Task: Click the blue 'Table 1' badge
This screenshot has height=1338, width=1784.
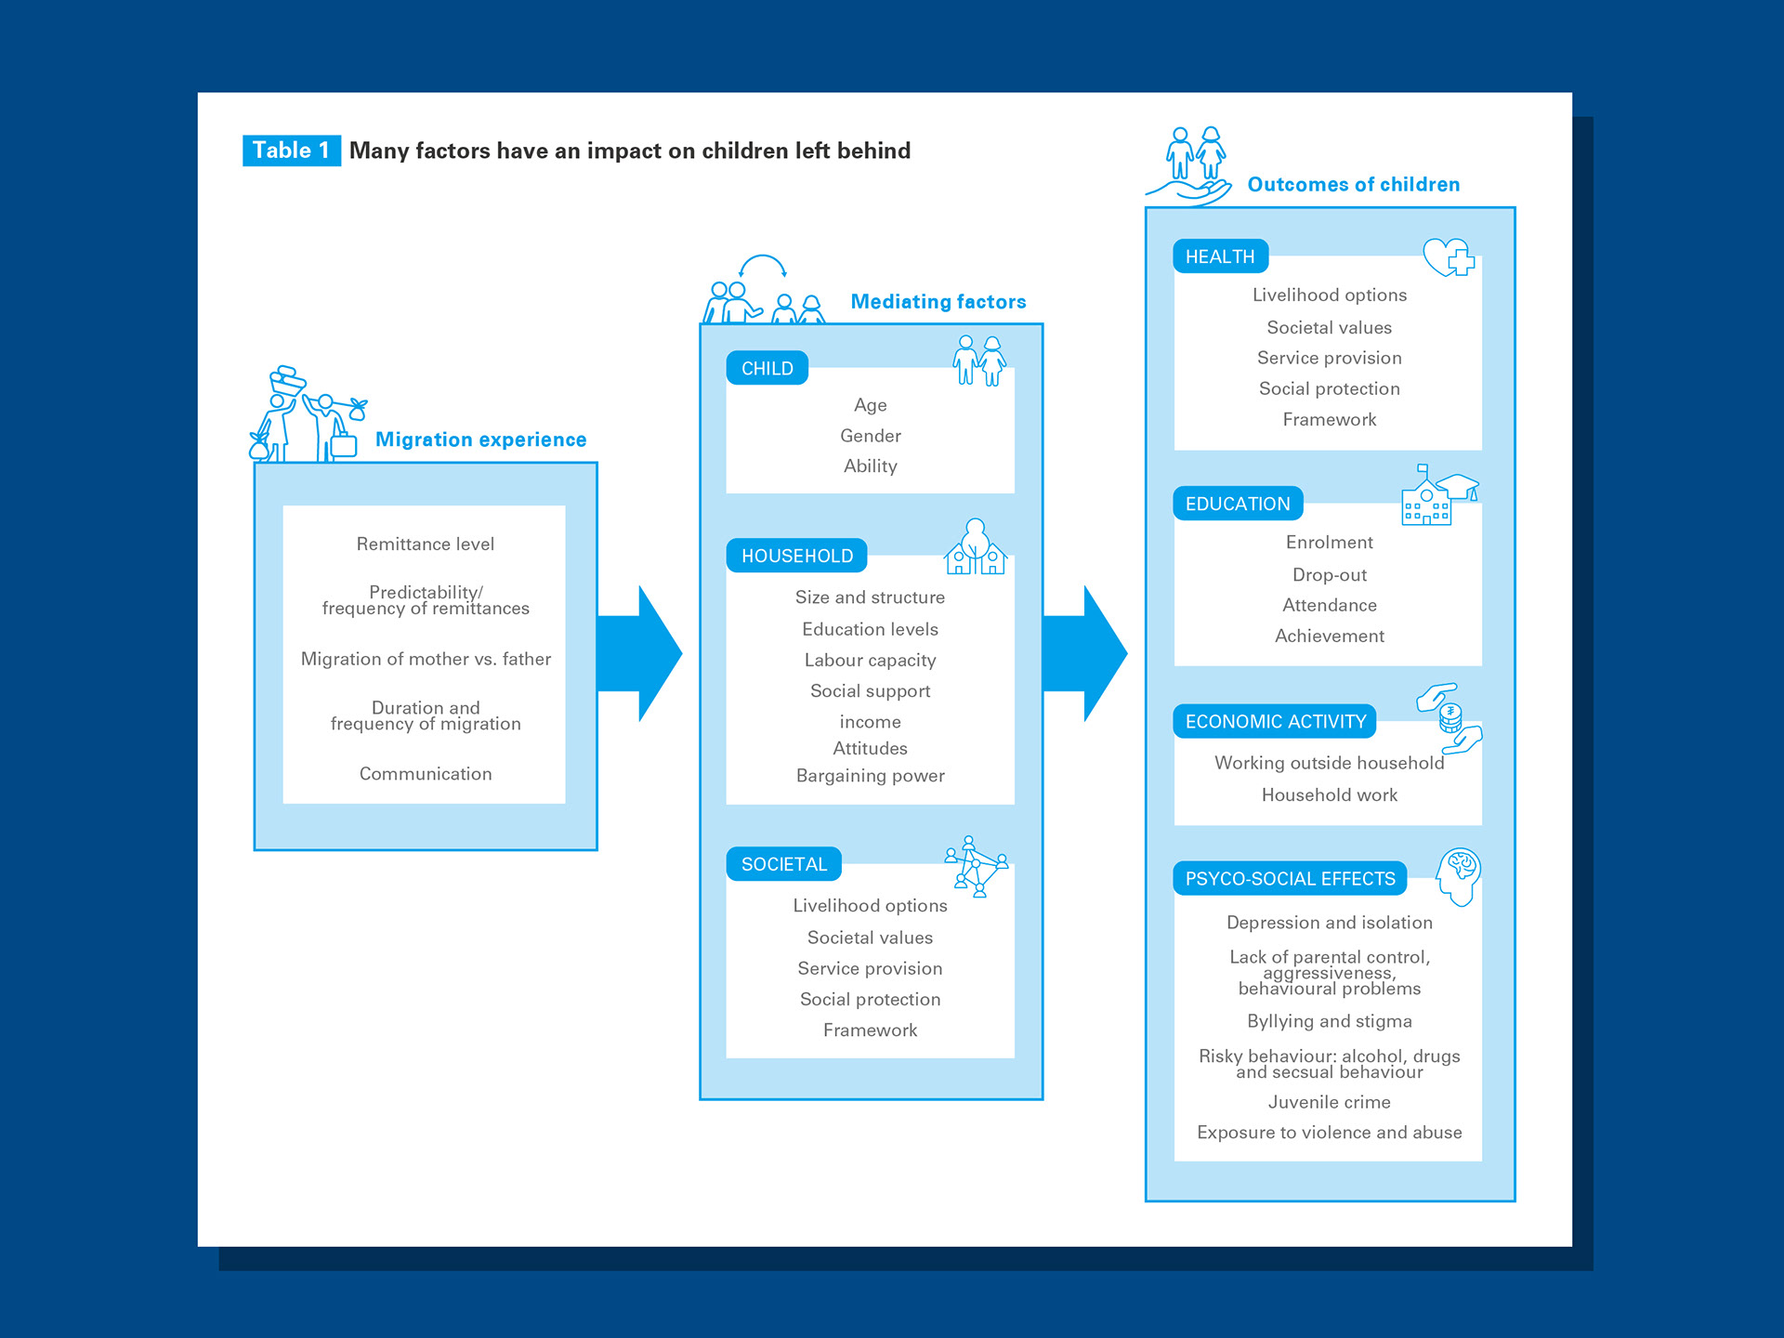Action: [x=291, y=151]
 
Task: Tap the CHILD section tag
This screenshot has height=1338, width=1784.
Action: [x=767, y=368]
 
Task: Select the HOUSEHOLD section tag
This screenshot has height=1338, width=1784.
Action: [x=796, y=556]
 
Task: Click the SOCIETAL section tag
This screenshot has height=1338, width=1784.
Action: [x=783, y=864]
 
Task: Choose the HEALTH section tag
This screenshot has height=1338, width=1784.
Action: [x=1220, y=256]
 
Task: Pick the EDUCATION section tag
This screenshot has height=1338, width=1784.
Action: [x=1238, y=504]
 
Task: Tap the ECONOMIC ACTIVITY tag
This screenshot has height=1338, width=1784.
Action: [x=1275, y=721]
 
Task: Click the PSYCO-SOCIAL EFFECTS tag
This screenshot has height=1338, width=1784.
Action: [x=1290, y=878]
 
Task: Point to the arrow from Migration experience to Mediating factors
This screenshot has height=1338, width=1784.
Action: [x=639, y=653]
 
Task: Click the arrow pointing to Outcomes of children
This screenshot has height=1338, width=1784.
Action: [x=1084, y=653]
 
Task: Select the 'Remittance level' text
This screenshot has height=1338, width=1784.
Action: [x=426, y=544]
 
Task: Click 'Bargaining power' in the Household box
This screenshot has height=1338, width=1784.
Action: [x=870, y=776]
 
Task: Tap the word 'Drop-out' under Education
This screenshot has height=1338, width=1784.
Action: [x=1330, y=575]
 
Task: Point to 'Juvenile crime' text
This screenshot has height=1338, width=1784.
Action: [x=1330, y=1102]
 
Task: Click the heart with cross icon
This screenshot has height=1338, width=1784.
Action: [x=1449, y=257]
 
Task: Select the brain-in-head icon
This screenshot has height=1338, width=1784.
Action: [x=1458, y=876]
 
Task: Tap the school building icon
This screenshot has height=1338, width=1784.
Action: [x=1438, y=495]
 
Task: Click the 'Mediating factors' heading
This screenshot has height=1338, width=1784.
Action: [x=938, y=302]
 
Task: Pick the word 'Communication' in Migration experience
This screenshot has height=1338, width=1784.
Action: [x=426, y=774]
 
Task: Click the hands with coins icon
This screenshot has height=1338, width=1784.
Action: [x=1449, y=718]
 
